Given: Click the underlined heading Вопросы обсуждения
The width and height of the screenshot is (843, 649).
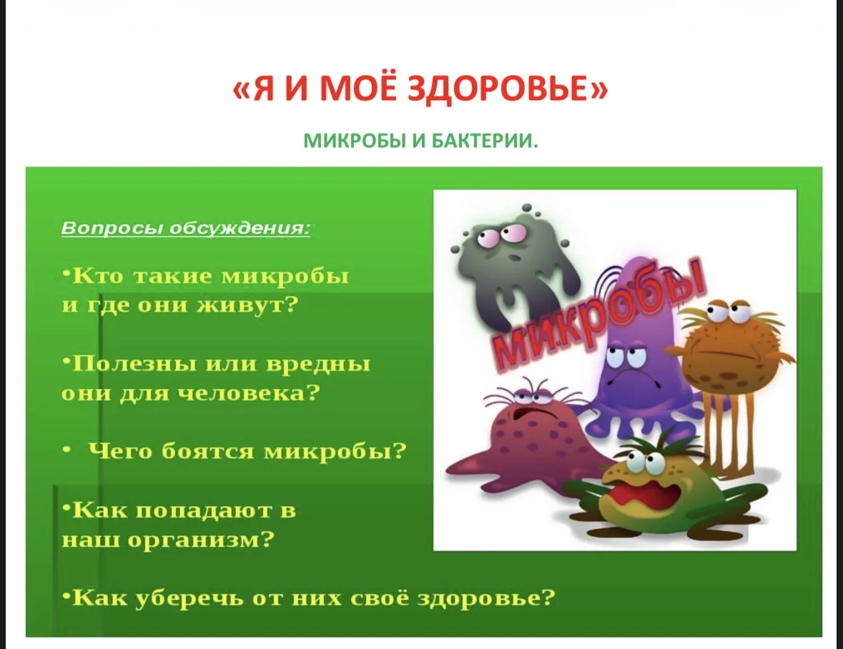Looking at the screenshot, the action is [x=185, y=228].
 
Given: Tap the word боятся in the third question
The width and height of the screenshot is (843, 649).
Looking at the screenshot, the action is [x=207, y=452].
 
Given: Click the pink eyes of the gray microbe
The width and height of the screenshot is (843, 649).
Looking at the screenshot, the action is [x=497, y=237].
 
